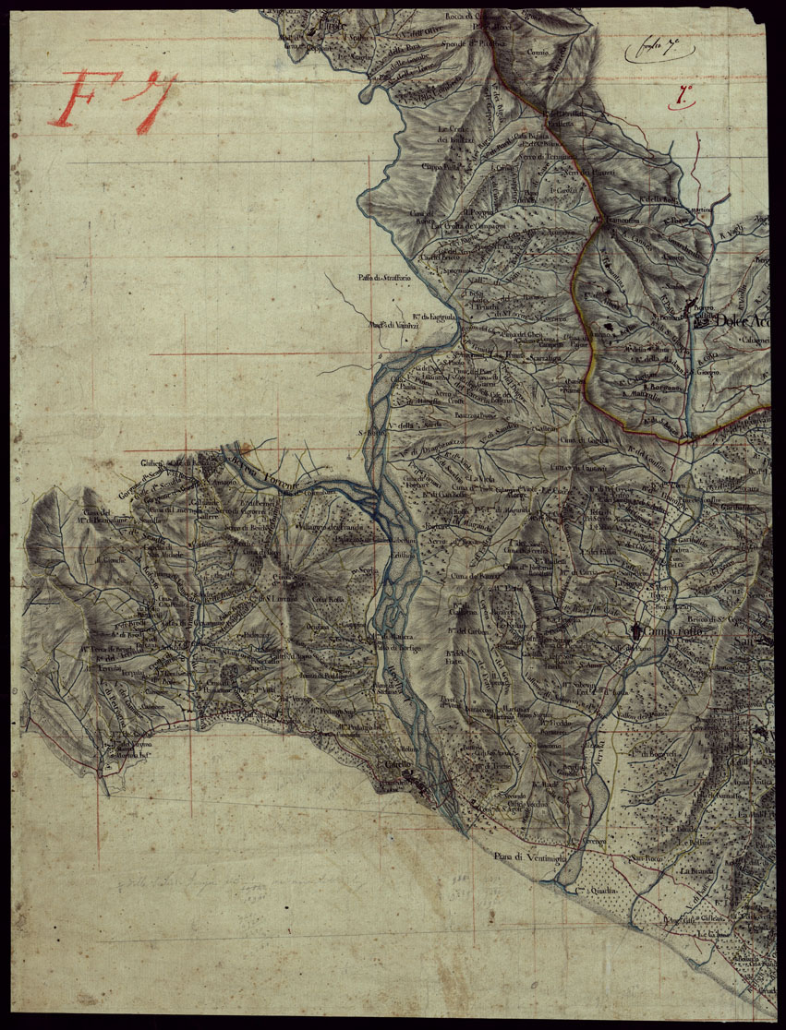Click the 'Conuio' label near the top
pyautogui.click(x=538, y=53)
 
